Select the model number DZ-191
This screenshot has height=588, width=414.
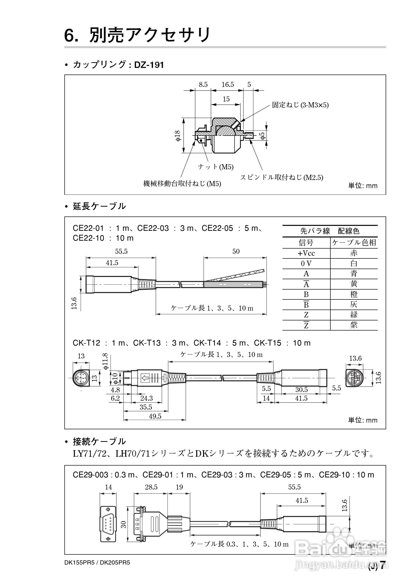(149, 65)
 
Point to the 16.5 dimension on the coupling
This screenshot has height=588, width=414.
(228, 84)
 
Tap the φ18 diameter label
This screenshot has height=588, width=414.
(178, 136)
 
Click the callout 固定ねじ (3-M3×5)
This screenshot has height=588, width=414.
(300, 105)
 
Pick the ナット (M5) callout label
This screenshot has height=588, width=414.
(216, 167)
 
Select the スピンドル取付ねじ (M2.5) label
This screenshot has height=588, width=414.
(281, 177)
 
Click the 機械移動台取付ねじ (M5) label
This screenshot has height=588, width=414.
(182, 183)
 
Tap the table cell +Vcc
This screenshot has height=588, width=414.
(306, 253)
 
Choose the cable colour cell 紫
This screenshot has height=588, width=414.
(354, 325)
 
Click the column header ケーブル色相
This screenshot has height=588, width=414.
(354, 242)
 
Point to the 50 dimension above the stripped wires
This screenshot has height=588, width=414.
(236, 251)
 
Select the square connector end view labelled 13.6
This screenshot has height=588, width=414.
(355, 378)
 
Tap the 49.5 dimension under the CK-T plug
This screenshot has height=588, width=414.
(155, 416)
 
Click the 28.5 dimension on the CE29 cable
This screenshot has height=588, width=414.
(151, 487)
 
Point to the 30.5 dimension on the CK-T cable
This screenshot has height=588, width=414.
(301, 390)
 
